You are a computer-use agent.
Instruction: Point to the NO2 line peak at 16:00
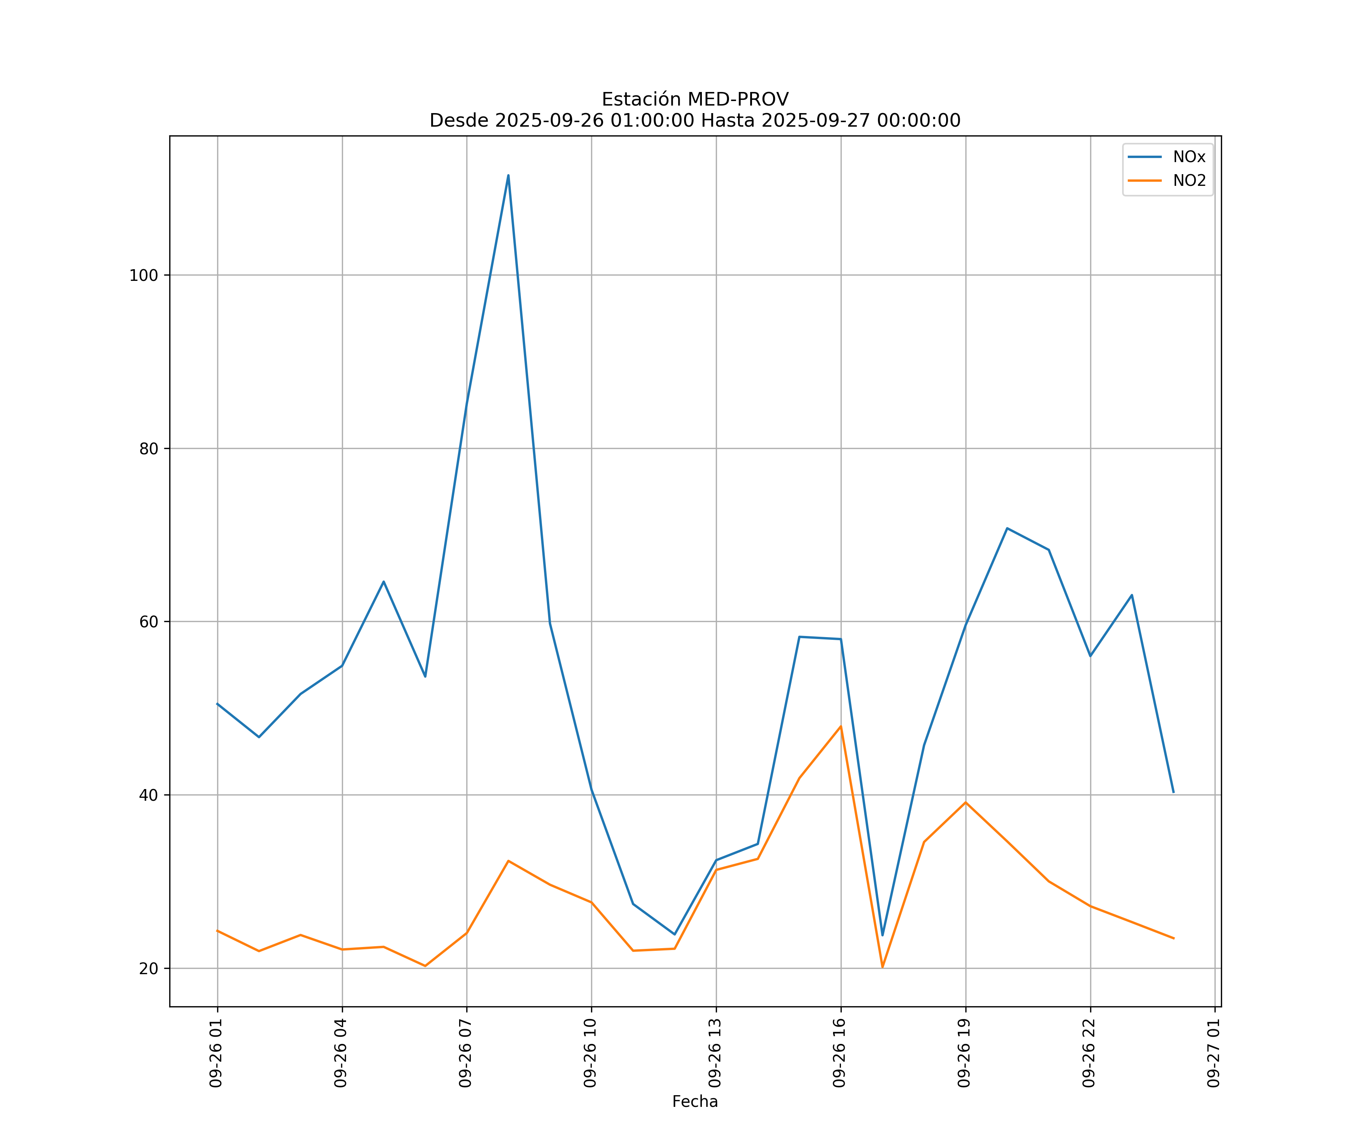point(841,726)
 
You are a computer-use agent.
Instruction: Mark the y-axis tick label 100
point(144,275)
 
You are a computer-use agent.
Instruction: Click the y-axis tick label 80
point(149,449)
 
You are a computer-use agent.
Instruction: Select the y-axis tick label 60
point(149,622)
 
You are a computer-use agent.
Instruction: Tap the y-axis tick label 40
point(149,795)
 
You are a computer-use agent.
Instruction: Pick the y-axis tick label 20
point(149,968)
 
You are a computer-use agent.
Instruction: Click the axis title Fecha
point(695,1101)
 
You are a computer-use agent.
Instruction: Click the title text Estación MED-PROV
point(695,100)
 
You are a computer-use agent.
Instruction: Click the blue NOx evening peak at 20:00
point(1007,528)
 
